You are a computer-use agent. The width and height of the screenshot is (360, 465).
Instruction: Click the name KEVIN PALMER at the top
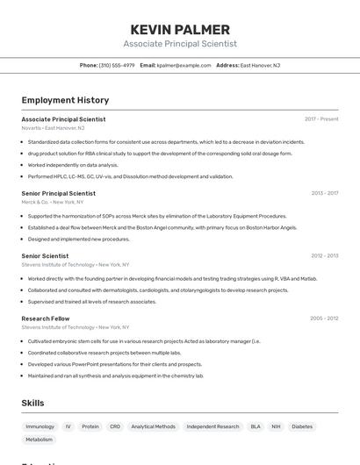(180, 30)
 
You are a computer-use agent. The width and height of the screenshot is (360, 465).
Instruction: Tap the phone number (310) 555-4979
(117, 65)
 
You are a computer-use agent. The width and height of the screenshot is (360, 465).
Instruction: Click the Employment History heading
(65, 101)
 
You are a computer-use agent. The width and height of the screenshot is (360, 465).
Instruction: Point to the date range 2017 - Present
(321, 119)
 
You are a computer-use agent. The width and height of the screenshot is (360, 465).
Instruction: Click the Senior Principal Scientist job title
(59, 193)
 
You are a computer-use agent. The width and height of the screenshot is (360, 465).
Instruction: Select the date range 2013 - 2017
(324, 193)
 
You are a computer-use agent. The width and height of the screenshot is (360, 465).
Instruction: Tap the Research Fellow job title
(46, 318)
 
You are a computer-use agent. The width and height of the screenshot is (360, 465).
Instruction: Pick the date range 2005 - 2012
(324, 318)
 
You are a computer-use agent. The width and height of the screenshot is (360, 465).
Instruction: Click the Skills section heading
(33, 403)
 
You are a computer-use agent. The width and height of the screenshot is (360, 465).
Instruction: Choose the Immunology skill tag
(40, 426)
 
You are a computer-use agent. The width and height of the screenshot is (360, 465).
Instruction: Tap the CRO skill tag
(115, 426)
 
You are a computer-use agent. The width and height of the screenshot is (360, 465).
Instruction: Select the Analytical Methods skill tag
(154, 426)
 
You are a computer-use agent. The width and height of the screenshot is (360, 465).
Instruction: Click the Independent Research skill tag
(212, 426)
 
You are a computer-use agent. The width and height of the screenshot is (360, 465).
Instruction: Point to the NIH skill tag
(276, 426)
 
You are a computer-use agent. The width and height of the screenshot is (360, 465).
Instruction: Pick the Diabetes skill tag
(302, 426)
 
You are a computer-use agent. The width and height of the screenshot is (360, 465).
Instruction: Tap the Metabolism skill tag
(40, 440)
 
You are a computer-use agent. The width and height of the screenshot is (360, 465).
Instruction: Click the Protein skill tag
(90, 426)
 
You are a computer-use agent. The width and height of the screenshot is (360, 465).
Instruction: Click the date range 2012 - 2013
(324, 256)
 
